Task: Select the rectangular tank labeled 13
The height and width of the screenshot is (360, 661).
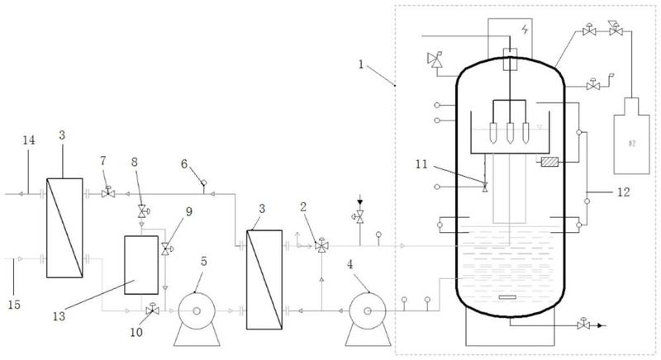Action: coord(141,265)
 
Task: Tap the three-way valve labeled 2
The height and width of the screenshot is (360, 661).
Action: coord(322,245)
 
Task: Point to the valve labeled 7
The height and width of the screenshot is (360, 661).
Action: coord(108,193)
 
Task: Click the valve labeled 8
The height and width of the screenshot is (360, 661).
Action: coord(142,211)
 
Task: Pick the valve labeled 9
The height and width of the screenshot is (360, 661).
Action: coord(166,249)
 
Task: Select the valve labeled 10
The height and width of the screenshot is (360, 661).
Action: coord(152,310)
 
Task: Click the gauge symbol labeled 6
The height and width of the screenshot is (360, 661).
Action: coord(204,182)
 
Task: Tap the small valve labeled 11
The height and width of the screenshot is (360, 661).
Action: coord(485,187)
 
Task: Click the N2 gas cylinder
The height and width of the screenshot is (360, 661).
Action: coord(631,135)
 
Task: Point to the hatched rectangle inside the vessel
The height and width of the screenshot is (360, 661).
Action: coord(549,161)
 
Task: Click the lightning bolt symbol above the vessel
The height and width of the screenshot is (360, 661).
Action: coord(525,30)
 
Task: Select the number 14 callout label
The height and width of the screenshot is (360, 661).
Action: coord(29,140)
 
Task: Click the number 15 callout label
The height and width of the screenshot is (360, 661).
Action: coord(14,305)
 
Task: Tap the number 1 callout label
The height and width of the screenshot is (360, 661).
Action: coord(360,65)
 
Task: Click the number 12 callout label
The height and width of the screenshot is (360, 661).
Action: coord(624,192)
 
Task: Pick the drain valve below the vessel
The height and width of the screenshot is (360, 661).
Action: coord(584,324)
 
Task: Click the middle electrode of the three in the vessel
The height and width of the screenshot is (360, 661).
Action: coord(510,133)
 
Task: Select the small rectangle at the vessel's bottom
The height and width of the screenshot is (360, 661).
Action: coord(508,298)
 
